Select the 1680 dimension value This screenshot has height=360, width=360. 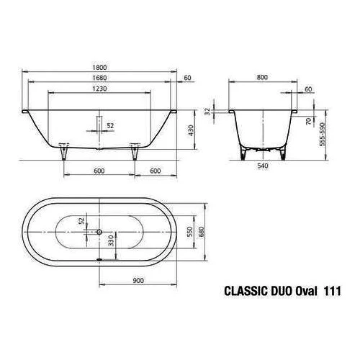pos(99,79)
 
